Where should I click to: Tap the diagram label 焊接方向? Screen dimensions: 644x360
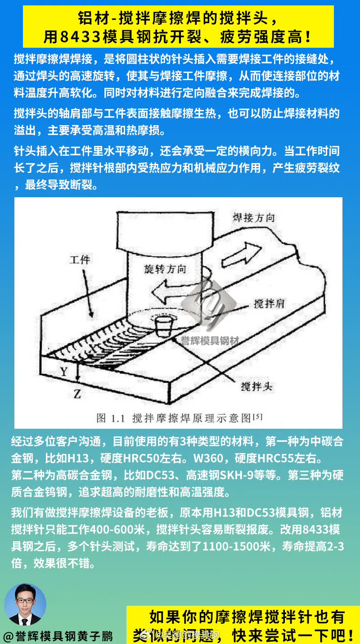click(253, 218)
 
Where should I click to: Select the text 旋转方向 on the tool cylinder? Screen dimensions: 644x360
click(165, 269)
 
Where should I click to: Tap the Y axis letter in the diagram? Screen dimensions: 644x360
click(64, 372)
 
